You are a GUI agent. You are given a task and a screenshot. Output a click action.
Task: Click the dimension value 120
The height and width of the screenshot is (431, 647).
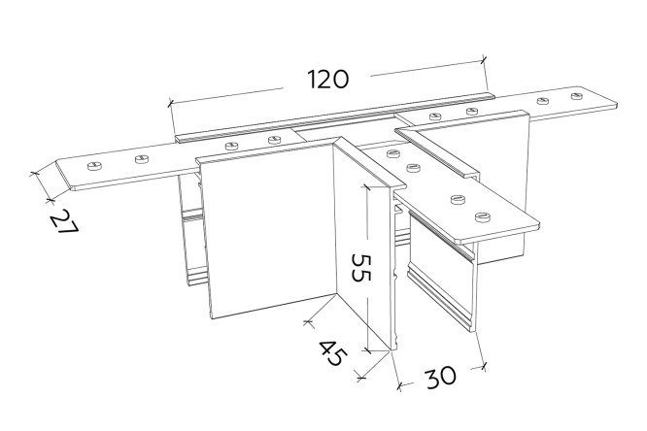(x=328, y=80)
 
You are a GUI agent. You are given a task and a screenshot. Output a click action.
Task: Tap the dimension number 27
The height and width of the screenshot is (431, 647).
(x=64, y=221)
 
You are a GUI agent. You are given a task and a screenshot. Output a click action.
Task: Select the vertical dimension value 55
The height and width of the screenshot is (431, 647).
(x=361, y=267)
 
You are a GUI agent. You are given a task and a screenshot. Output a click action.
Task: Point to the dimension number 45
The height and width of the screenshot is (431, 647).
(x=333, y=353)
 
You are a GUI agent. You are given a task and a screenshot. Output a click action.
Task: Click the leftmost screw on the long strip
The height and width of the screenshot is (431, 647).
(x=94, y=166)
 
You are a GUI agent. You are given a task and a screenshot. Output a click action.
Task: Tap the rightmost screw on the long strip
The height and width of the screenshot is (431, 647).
(x=578, y=96)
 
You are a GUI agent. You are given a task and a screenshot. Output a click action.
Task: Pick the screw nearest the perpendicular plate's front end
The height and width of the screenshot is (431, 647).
(x=483, y=216)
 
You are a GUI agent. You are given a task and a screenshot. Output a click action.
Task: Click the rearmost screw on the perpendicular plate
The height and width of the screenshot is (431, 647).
(x=393, y=153)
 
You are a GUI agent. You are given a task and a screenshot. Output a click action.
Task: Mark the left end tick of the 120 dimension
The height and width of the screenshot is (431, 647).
(x=170, y=103)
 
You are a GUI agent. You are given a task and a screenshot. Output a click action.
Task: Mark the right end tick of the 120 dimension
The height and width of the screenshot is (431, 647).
(x=484, y=60)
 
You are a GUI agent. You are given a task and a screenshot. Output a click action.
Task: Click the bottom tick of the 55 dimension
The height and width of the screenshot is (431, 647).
(x=367, y=350)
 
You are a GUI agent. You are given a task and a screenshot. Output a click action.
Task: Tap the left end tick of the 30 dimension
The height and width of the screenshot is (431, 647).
(x=398, y=385)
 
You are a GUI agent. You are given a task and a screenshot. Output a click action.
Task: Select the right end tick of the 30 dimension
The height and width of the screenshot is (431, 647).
(x=485, y=366)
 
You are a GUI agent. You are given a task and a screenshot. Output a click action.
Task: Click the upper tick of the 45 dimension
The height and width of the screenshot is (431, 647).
(x=308, y=321)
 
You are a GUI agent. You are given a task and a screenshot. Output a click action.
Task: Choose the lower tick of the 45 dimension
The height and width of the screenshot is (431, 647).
(x=361, y=377)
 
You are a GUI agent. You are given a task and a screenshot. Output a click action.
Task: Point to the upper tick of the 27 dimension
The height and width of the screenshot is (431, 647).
(x=33, y=174)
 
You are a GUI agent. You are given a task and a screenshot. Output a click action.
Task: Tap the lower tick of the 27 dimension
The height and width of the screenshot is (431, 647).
(x=50, y=200)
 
